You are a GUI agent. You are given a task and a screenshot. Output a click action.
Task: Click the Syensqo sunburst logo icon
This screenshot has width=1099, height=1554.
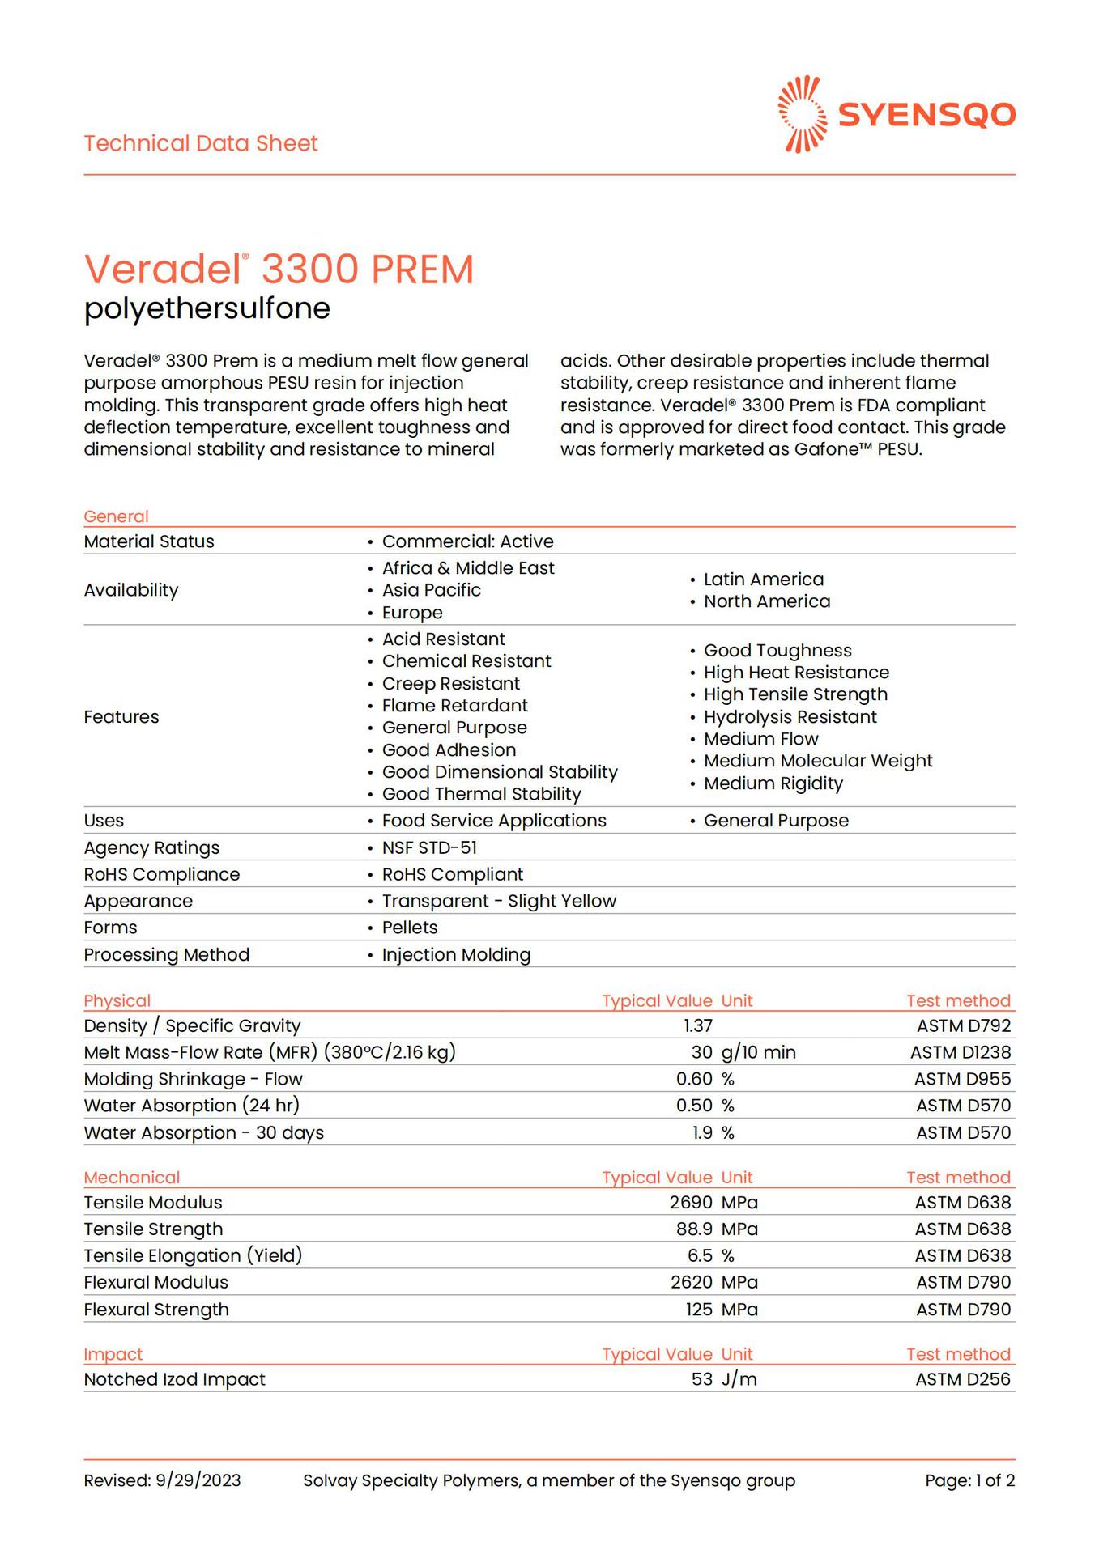[x=802, y=114]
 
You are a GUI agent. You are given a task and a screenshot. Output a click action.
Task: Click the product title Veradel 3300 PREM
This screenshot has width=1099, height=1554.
[x=279, y=270]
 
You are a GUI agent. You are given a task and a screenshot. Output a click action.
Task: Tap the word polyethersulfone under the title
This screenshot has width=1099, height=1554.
[x=207, y=308]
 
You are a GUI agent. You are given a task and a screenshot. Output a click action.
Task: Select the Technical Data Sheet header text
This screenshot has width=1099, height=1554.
[x=201, y=143]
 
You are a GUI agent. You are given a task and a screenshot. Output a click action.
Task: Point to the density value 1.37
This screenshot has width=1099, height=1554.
[x=697, y=1025]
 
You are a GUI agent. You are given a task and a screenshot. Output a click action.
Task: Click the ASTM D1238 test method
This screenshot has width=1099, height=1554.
[x=960, y=1052]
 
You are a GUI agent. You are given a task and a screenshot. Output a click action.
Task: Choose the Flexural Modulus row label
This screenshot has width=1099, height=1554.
[x=155, y=1282]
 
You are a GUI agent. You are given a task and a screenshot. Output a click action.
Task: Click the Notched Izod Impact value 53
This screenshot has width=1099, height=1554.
[x=701, y=1378]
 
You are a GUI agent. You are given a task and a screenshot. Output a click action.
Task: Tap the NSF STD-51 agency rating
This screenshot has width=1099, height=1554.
[x=429, y=847]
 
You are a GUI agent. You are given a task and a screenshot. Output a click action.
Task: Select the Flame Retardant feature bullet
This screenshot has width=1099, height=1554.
[x=454, y=706]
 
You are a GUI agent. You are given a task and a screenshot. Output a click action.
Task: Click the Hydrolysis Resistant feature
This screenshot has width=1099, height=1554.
[x=790, y=717]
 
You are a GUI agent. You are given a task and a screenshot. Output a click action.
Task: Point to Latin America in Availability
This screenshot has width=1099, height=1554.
[x=763, y=580]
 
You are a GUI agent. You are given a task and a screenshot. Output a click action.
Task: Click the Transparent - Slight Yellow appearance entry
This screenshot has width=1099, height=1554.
[x=499, y=901]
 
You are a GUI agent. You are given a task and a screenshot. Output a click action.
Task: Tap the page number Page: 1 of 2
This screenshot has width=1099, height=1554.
[x=969, y=1480]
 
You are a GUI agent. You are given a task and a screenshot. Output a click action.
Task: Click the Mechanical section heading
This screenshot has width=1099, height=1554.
[x=131, y=1177]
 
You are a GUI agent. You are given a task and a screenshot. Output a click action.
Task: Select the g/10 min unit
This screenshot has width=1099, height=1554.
[x=758, y=1052]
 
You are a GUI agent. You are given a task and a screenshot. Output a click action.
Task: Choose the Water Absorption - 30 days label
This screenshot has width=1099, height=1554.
[x=203, y=1132]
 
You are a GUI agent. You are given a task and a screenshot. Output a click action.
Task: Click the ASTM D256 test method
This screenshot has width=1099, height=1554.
[x=962, y=1378]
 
